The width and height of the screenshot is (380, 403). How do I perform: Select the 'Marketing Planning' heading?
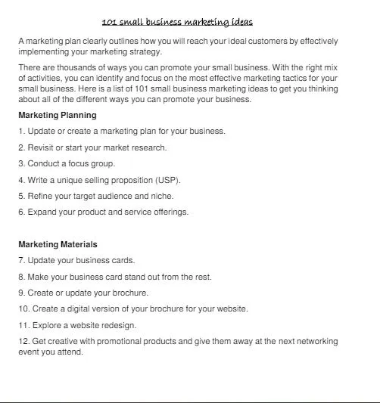pyautogui.click(x=58, y=116)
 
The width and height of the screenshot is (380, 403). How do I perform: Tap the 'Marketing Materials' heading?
pyautogui.click(x=58, y=244)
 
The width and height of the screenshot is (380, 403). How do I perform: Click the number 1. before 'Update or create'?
pyautogui.click(x=22, y=132)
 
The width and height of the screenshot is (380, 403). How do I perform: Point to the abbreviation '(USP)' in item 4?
pyautogui.click(x=168, y=180)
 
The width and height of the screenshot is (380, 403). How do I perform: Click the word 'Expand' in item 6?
pyautogui.click(x=42, y=212)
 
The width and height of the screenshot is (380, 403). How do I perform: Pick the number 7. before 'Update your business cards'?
pyautogui.click(x=22, y=261)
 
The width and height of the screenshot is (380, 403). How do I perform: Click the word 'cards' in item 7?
pyautogui.click(x=123, y=261)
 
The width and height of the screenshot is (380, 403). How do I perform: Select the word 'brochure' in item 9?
pyautogui.click(x=130, y=293)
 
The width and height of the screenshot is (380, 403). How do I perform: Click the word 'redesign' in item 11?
pyautogui.click(x=119, y=325)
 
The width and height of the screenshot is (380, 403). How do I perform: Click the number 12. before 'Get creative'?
pyautogui.click(x=23, y=342)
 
